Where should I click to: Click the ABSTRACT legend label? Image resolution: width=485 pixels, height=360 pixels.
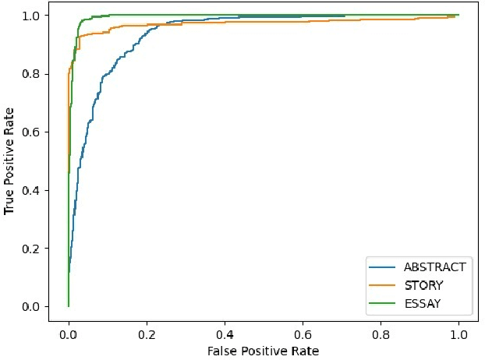tap(434, 267)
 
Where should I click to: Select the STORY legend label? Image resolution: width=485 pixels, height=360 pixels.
tap(424, 285)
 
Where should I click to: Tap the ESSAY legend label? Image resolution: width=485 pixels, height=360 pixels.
tap(423, 303)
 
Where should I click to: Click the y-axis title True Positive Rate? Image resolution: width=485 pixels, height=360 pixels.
tap(9, 161)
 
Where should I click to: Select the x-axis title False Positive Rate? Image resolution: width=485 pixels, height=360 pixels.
tap(263, 351)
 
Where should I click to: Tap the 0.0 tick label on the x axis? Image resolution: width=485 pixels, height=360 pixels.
tap(69, 333)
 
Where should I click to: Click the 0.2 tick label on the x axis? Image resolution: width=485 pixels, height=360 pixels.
tap(147, 333)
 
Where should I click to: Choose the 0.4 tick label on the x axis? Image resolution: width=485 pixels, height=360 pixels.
tap(225, 333)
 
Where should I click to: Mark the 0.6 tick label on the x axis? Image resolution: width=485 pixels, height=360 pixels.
tap(303, 333)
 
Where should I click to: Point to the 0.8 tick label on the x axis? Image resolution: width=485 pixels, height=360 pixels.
tap(381, 333)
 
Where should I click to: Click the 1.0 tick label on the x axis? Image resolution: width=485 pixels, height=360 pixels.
tap(458, 333)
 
